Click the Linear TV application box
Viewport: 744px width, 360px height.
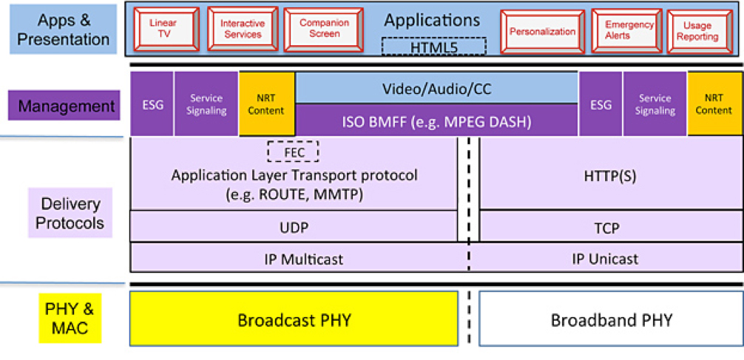pyautogui.click(x=166, y=30)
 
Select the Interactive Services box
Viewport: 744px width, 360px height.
pyautogui.click(x=243, y=30)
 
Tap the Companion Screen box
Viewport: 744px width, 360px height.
pyautogui.click(x=320, y=30)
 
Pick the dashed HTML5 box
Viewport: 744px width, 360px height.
pyautogui.click(x=433, y=47)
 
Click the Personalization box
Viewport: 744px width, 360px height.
pyautogui.click(x=542, y=32)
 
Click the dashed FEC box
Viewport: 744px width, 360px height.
pyautogui.click(x=293, y=152)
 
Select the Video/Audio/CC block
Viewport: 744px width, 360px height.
pyautogui.click(x=436, y=87)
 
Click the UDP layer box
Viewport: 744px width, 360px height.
pyautogui.click(x=294, y=225)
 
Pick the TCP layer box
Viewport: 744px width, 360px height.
pyautogui.click(x=612, y=225)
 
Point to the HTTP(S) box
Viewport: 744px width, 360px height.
pyautogui.click(x=612, y=174)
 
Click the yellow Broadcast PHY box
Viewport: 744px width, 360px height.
pyautogui.click(x=294, y=319)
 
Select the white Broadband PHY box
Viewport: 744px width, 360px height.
pyautogui.click(x=611, y=319)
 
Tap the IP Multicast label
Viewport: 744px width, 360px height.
pyautogui.click(x=304, y=259)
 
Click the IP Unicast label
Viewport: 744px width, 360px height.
pyautogui.click(x=605, y=259)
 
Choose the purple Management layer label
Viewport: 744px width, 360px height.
pyautogui.click(x=64, y=105)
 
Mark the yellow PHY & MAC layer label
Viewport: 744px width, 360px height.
pyautogui.click(x=70, y=319)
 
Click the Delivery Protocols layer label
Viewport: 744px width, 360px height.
pyautogui.click(x=70, y=213)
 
